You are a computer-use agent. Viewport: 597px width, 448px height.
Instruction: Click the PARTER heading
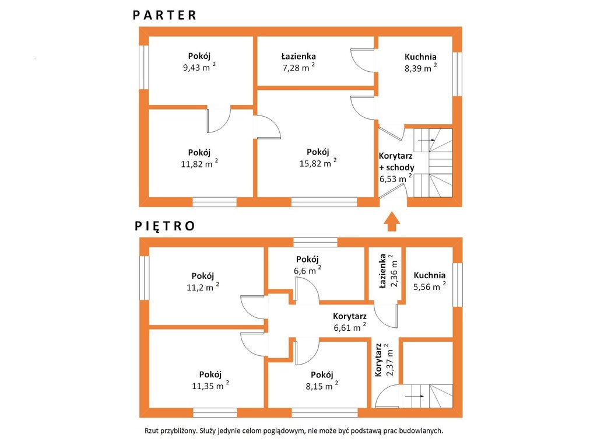pos(164,15)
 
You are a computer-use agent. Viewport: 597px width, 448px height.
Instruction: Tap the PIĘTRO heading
pos(165,226)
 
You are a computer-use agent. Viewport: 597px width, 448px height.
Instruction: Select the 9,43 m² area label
pos(199,67)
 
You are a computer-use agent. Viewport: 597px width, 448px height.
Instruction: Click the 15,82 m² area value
pos(318,163)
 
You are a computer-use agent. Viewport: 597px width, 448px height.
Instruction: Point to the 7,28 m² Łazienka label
pos(298,62)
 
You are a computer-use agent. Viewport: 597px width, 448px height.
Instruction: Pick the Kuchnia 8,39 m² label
pos(420,62)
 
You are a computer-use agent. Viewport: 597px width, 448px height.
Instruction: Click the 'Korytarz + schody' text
pos(396,162)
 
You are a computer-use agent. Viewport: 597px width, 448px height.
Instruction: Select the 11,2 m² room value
pos(202,287)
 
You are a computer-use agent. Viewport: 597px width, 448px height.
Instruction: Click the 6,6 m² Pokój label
pos(307,265)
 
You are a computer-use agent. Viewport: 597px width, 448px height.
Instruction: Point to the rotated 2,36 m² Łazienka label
pos(388,271)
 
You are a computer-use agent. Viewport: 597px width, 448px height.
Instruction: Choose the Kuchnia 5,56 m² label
pos(430,281)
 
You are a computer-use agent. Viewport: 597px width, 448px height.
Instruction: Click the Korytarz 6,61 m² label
pos(350,322)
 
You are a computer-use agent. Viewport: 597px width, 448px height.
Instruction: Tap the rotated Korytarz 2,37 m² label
pos(384,359)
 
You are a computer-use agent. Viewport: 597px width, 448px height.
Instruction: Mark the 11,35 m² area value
pos(210,386)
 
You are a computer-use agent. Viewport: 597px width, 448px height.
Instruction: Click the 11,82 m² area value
pos(199,164)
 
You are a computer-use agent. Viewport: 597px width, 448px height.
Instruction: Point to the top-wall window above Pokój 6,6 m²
pos(315,242)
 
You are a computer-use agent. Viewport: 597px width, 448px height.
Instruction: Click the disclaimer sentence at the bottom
pos(294,431)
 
